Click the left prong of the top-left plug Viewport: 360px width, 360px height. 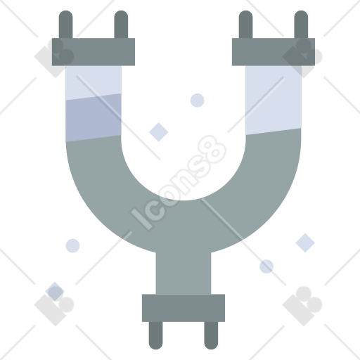(x=65, y=24)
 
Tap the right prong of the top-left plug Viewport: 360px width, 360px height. (x=121, y=24)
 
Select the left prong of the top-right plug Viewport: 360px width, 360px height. (x=245, y=24)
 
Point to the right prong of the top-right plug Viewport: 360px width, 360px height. (x=301, y=24)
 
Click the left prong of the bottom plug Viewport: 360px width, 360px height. (x=155, y=335)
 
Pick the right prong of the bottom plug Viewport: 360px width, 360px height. (x=211, y=335)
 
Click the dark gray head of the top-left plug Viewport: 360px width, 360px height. (x=94, y=52)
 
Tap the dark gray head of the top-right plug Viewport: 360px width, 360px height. (x=274, y=52)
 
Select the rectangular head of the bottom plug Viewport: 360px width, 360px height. (x=184, y=308)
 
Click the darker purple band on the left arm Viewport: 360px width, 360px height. (x=94, y=117)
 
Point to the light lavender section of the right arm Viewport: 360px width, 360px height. (x=274, y=98)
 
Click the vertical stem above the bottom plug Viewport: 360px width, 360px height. (x=184, y=273)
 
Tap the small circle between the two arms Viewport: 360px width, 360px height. (x=197, y=101)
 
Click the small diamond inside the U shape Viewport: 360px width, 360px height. (x=159, y=132)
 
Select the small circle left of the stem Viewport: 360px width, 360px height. (x=72, y=245)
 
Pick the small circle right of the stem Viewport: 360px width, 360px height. (x=266, y=266)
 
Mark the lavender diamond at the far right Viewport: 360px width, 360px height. (x=305, y=243)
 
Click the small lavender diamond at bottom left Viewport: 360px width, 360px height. (x=55, y=291)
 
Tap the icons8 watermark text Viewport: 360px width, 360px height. (x=179, y=182)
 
